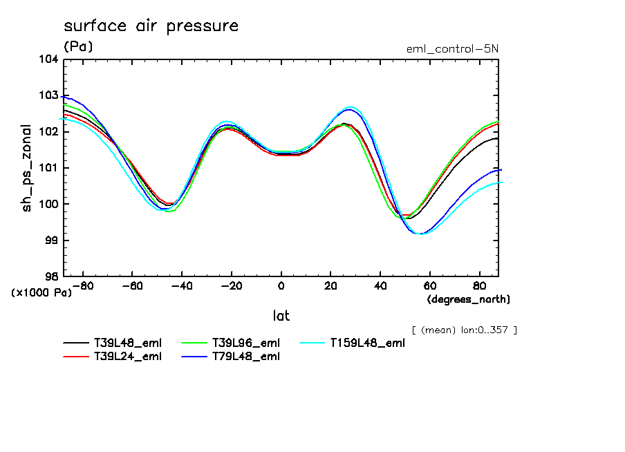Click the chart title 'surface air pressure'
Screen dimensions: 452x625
151,27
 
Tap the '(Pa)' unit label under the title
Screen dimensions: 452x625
78,47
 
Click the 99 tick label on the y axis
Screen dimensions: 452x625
51,240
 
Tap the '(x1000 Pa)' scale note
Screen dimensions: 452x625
41,292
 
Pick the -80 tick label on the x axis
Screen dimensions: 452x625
82,285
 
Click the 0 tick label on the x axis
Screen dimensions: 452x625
281,285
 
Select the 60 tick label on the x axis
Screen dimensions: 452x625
430,285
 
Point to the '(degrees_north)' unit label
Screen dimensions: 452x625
469,299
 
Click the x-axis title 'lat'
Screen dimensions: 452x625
281,316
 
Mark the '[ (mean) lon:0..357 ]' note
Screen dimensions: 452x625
464,330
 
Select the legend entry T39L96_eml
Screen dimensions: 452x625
245,343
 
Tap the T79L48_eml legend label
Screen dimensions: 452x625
245,357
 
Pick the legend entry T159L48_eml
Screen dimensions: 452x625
367,343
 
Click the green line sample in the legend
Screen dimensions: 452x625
194,343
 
